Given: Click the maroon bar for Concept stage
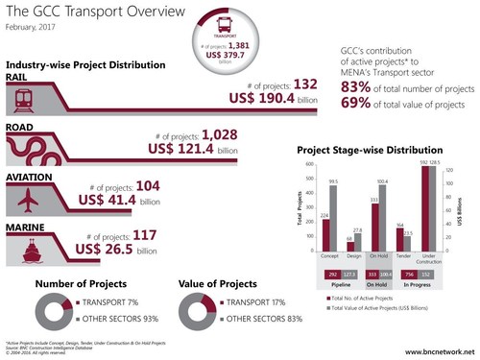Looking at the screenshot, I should point(325,232).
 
